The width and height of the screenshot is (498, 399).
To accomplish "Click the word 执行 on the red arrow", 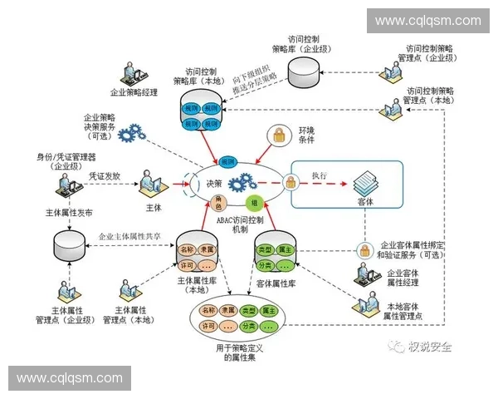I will click(320, 175).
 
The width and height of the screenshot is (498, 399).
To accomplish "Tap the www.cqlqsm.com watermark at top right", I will click(427, 21).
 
